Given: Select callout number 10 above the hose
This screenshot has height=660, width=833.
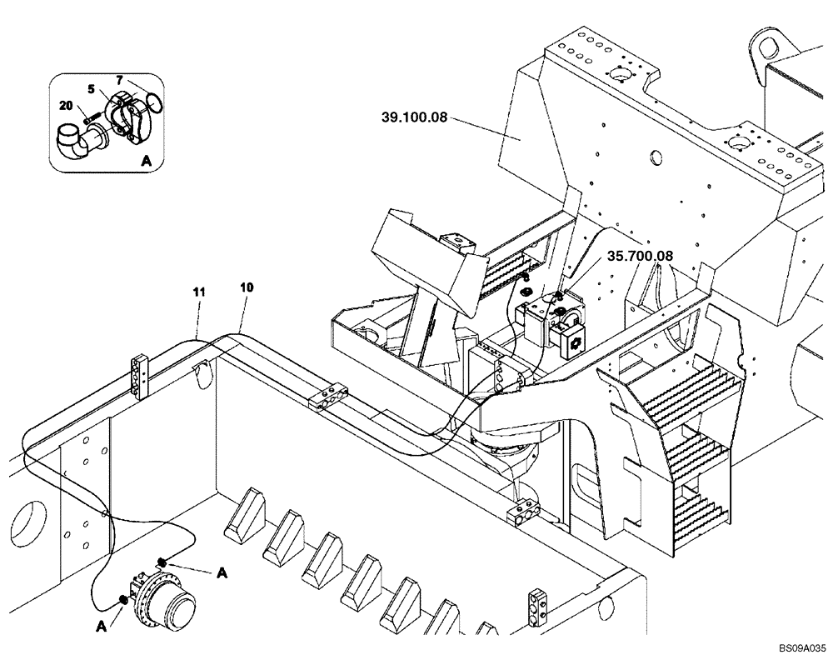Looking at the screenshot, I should point(247,287).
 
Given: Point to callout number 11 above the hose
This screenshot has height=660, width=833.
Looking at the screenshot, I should point(198,291).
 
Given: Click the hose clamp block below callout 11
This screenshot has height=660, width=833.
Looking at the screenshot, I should point(139,376).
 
